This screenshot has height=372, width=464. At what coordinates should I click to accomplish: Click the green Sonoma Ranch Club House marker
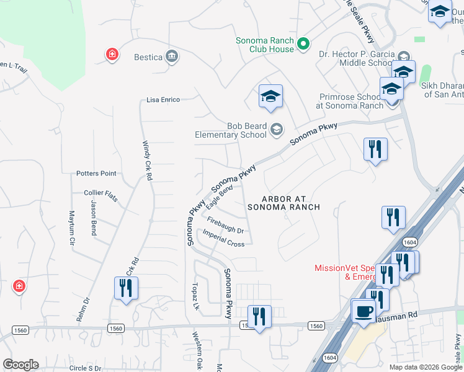coord(303,44)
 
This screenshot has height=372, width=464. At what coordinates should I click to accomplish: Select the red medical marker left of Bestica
coord(112,55)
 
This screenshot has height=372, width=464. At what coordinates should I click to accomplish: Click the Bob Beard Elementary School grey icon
coord(277,130)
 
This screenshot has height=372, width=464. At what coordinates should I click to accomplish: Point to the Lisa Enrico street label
coord(163,99)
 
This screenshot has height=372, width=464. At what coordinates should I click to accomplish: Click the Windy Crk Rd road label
coord(148,161)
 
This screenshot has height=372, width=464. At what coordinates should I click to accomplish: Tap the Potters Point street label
coord(96,174)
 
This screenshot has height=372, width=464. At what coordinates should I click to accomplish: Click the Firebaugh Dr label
coord(225,225)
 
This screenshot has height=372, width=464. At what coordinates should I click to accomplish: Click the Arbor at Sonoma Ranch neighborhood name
coord(284,203)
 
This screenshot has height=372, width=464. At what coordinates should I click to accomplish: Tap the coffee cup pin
coord(364,310)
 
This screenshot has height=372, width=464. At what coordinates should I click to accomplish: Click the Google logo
coord(20,365)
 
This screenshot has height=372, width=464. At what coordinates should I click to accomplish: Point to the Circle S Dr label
coord(85,368)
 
